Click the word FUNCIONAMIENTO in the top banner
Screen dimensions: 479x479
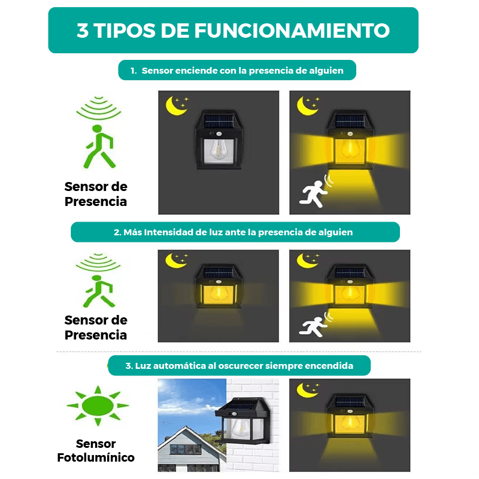click(x=292, y=31)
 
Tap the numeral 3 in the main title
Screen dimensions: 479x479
click(x=83, y=31)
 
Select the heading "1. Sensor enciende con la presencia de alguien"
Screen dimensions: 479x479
click(x=237, y=71)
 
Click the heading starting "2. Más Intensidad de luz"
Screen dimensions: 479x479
click(x=233, y=232)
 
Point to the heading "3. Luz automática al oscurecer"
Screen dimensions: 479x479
click(x=239, y=366)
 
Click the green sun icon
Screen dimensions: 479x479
click(x=98, y=406)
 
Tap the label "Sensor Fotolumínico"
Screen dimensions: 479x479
click(x=96, y=451)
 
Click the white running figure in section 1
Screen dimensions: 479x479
click(x=313, y=193)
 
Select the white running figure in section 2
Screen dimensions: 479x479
click(x=313, y=327)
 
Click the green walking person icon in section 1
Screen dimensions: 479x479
click(x=99, y=147)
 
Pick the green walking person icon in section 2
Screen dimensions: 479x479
click(x=98, y=291)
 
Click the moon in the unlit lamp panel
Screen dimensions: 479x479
click(x=174, y=106)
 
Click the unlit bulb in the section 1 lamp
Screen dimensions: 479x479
click(x=218, y=150)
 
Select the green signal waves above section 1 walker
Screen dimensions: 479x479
click(x=98, y=108)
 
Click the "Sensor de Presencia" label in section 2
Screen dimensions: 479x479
click(x=96, y=328)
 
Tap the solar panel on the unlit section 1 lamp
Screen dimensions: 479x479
click(x=219, y=122)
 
